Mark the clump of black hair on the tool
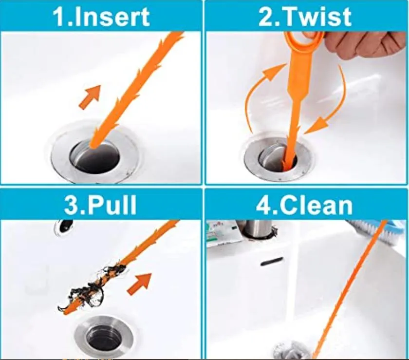pyautogui.click(x=97, y=285)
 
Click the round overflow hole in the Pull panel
pyautogui.click(x=64, y=226)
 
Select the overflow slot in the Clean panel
pyautogui.click(x=272, y=262)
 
